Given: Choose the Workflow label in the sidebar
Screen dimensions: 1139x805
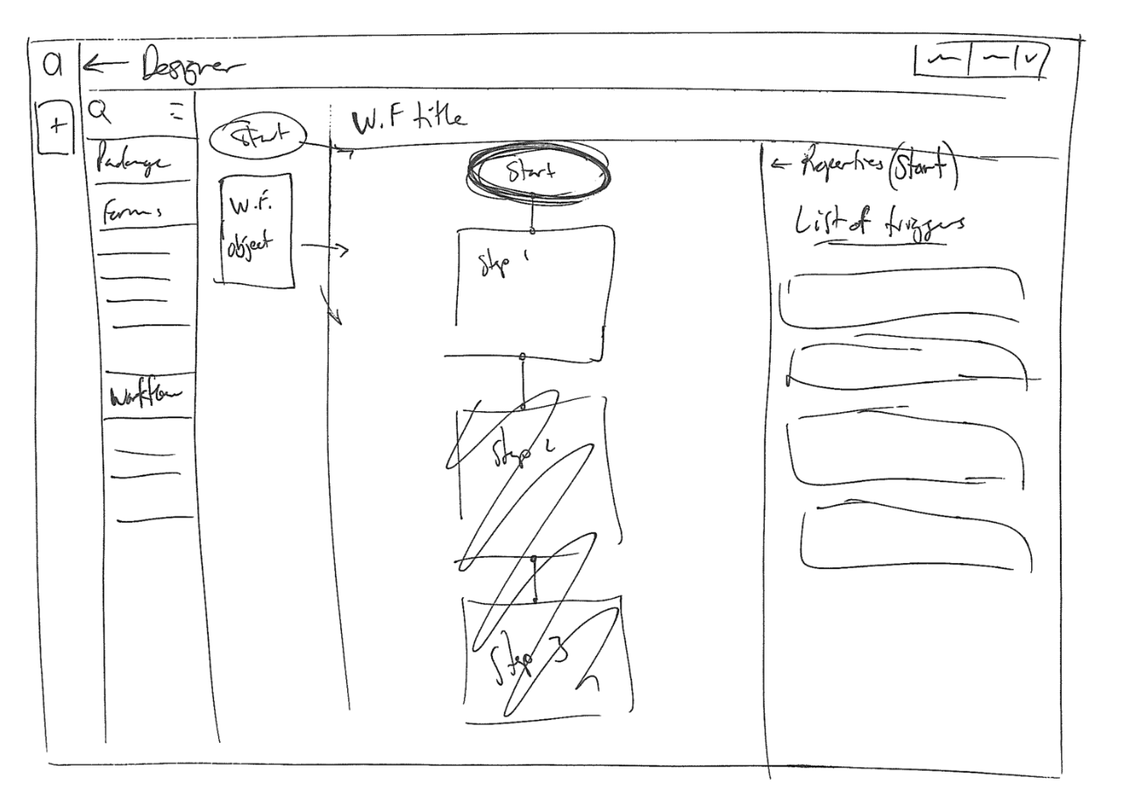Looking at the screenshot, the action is click(138, 396).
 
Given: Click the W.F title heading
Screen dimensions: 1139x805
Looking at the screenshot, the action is click(408, 120).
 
